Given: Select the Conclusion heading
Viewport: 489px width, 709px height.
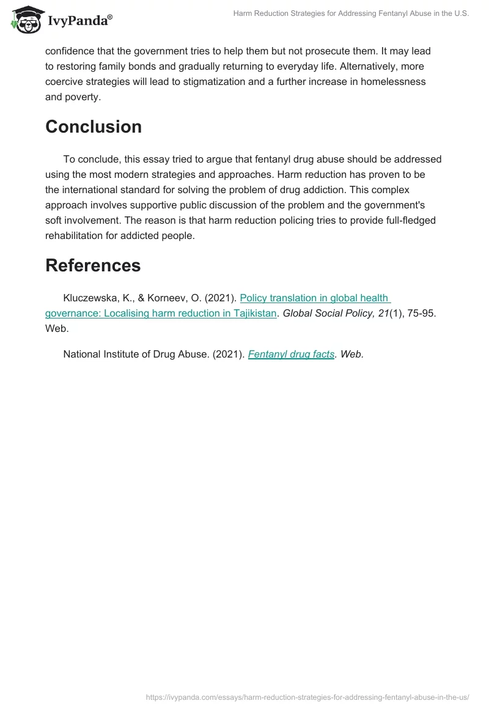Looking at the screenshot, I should [94, 127].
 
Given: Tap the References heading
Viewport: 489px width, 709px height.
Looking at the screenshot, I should [93, 265].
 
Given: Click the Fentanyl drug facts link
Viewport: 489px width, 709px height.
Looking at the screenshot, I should [291, 354].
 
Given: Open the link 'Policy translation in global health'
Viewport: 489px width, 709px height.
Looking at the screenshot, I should [315, 298].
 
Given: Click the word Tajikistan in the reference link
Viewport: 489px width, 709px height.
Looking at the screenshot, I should [252, 314].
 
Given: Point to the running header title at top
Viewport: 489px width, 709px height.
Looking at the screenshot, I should [351, 13].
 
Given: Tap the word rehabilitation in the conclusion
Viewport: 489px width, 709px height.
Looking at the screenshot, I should [75, 235].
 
